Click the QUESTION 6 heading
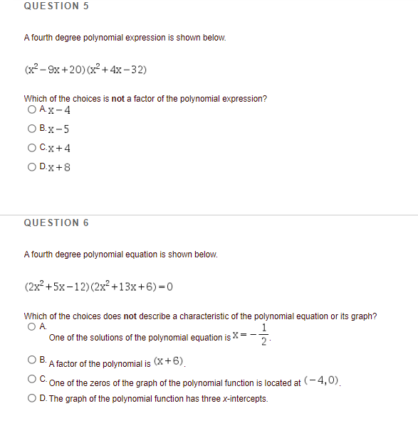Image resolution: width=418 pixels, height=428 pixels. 56,223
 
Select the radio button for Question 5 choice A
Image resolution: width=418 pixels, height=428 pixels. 31,109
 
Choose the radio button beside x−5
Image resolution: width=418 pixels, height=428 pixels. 31,129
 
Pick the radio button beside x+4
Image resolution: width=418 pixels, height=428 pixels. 31,148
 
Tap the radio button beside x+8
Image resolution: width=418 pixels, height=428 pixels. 31,167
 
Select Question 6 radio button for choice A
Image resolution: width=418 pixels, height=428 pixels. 31,327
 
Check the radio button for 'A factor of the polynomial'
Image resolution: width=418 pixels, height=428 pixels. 31,360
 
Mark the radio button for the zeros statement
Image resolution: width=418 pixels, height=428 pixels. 31,380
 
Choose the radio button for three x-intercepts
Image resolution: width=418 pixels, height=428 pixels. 31,398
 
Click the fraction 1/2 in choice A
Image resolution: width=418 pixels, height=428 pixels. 266,337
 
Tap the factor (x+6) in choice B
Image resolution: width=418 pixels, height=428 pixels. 168,362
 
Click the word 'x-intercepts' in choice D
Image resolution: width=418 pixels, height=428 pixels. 245,399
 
